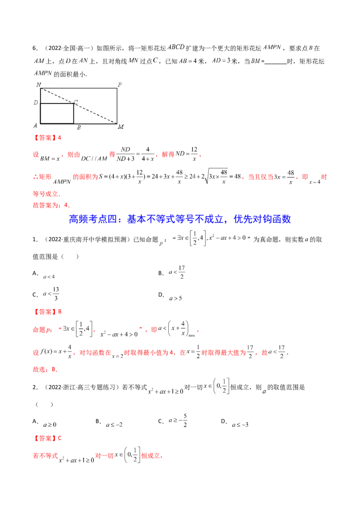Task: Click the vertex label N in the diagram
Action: point(38,85)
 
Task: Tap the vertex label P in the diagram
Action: point(120,85)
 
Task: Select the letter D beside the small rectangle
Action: point(36,103)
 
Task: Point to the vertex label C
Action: point(76,103)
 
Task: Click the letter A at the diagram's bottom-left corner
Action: point(35,126)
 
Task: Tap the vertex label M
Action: point(121,126)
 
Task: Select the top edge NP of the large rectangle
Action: point(79,89)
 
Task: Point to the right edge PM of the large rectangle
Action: point(117,106)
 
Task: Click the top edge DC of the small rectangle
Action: point(57,104)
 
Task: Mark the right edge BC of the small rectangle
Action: point(74,113)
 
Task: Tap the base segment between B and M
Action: point(95,123)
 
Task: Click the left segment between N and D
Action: point(40,96)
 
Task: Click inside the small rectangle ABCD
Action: point(57,113)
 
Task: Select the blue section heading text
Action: point(180,219)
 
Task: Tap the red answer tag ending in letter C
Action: point(48,438)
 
